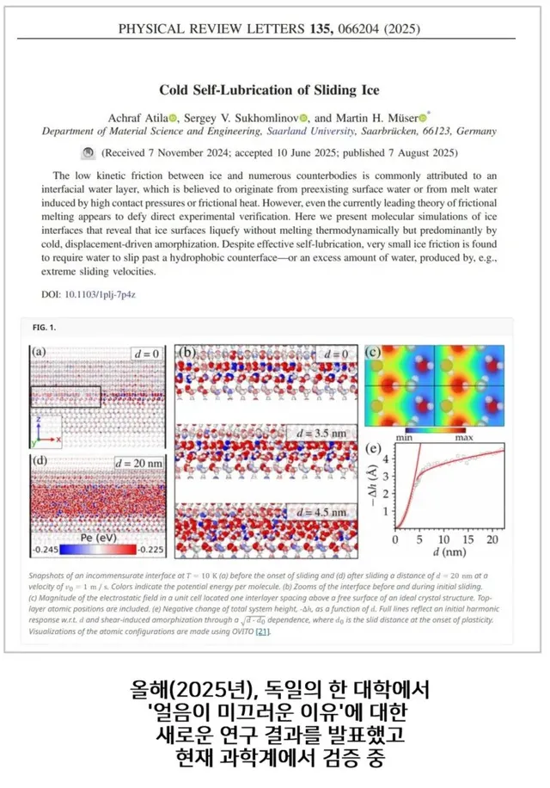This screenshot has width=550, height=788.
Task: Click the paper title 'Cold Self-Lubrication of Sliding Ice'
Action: [x=269, y=90]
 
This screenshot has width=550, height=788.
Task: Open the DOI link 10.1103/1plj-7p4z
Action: [x=101, y=294]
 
